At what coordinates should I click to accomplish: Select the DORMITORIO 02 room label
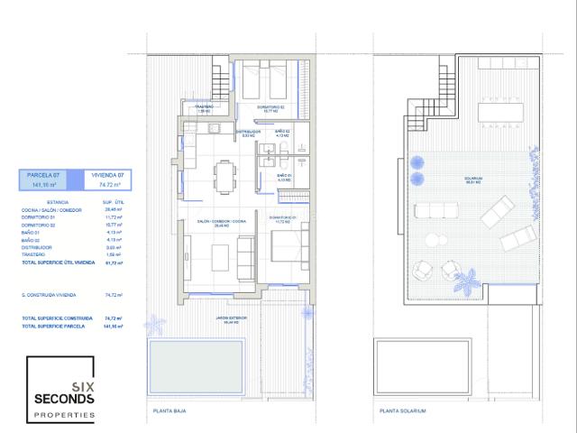(x=270, y=107)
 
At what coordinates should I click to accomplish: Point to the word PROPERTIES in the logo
(x=64, y=414)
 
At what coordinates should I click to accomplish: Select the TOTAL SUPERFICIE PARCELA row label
(x=52, y=326)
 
